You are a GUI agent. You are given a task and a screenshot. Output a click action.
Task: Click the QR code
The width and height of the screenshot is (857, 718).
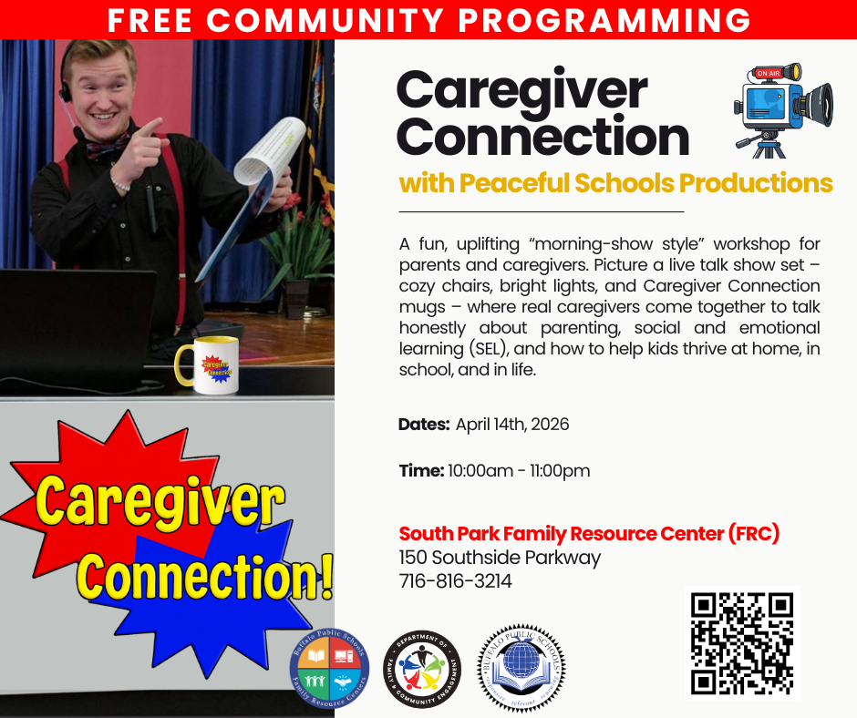point(742,642)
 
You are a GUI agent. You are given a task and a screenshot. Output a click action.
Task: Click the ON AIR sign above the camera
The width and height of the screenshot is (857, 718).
point(768,73)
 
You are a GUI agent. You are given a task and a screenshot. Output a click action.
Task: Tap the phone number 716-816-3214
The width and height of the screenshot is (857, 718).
point(455,580)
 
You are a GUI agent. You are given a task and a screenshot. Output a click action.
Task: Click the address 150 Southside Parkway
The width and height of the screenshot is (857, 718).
point(500,557)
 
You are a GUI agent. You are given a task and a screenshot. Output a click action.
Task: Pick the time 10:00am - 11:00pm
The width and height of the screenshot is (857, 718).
point(519,471)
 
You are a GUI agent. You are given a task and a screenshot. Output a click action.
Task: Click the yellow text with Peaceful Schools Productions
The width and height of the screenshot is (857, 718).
point(615,183)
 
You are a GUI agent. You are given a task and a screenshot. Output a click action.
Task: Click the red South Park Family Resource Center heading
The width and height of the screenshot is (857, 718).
point(589,533)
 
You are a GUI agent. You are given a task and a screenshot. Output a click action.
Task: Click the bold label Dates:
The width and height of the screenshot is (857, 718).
point(424,425)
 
